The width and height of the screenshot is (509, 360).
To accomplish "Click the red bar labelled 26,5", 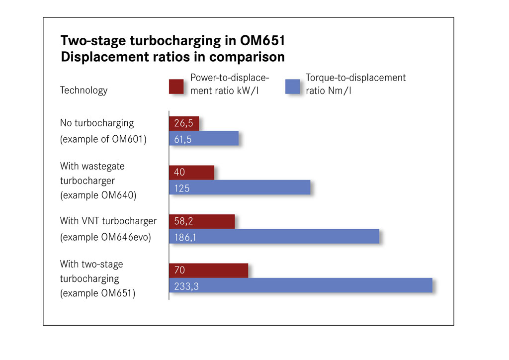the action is (184, 123).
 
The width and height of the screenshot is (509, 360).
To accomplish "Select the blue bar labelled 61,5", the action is (204, 138).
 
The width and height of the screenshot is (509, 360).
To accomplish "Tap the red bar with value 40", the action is (191, 173).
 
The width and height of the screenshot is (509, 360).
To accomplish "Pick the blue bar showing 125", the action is (240, 187).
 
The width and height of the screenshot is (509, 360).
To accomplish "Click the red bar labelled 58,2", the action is (202, 221).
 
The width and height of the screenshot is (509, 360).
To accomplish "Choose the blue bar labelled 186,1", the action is (274, 236).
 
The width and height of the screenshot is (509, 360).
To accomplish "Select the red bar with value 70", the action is (208, 270).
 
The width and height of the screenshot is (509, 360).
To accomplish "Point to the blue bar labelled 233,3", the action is (301, 285).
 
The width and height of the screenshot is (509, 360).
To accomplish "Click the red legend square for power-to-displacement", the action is (176, 87).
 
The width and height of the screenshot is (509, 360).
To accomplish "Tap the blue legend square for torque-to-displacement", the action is (292, 87).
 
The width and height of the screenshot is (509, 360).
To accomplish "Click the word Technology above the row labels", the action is (84, 90).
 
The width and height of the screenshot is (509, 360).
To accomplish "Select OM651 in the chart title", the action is (262, 41).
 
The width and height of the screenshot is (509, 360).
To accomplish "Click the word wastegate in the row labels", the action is (103, 167).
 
